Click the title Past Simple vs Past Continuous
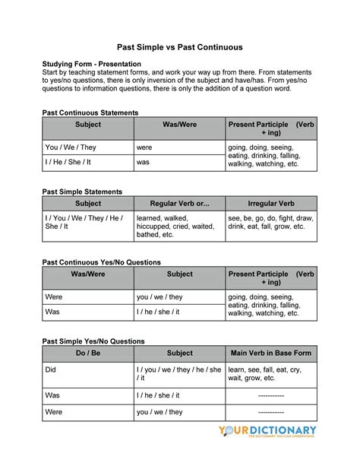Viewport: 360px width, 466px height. coord(180,47)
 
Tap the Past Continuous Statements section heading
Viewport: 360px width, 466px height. coord(90,113)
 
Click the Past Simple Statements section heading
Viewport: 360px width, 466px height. coord(82,192)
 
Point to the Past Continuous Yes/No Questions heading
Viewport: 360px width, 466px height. coord(101,262)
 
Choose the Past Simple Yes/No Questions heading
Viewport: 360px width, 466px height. coord(93,342)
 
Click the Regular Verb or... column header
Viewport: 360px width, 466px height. coord(179,204)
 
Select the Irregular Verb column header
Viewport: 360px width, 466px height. coord(271,204)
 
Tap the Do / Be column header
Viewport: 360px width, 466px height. coord(88,353)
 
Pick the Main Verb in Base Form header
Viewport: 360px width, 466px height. coord(271,353)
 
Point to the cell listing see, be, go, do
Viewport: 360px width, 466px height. coord(270,222)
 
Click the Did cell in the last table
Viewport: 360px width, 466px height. coord(52,370)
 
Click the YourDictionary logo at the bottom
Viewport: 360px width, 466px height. coord(267,432)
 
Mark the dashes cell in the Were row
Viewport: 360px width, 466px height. coord(271,412)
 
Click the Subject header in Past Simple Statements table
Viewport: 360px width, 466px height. coord(88,204)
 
